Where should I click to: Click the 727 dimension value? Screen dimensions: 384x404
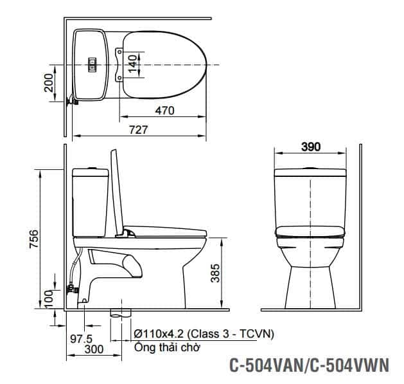(138, 129)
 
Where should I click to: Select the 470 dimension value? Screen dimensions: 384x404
(164, 111)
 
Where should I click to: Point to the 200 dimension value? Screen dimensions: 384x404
(49, 82)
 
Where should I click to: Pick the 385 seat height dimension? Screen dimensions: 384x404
(216, 275)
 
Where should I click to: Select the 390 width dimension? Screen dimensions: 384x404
(310, 147)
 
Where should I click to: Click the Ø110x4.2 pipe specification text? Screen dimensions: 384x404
(204, 334)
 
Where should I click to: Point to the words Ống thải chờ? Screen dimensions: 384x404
(168, 348)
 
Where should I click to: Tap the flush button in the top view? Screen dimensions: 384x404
(92, 64)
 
